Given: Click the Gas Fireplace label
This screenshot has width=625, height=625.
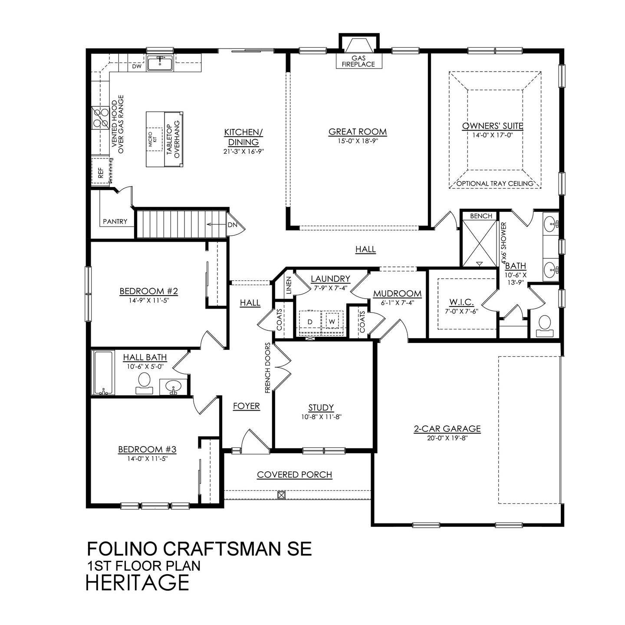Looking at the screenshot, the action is [x=359, y=61].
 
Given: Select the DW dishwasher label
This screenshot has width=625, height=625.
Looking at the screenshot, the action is [x=137, y=66].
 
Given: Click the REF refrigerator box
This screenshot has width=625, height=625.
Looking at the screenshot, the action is [x=101, y=171].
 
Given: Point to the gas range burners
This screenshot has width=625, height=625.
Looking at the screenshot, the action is [x=100, y=118].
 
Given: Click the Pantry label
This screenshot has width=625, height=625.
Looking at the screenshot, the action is [x=115, y=221].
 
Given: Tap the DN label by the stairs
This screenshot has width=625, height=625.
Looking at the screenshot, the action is [x=232, y=225].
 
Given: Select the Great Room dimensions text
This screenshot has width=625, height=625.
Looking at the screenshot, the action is [x=357, y=141].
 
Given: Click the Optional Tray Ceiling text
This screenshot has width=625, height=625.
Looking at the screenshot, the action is [x=495, y=184].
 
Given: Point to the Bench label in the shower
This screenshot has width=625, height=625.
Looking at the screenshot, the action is [x=481, y=216].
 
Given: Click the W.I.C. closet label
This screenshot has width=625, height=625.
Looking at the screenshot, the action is [x=461, y=302].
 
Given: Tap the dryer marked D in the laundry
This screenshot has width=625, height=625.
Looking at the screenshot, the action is [x=310, y=322].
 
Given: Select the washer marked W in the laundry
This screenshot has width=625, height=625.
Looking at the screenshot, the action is [x=332, y=322].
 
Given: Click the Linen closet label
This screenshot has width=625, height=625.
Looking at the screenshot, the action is [x=289, y=285].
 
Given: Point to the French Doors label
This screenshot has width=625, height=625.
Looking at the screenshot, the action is [x=268, y=368].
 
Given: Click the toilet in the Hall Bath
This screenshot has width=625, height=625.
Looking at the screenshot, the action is [x=144, y=383].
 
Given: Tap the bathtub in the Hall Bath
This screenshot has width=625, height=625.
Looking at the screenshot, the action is [x=103, y=372].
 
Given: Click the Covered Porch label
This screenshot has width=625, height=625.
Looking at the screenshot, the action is [x=295, y=474].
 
